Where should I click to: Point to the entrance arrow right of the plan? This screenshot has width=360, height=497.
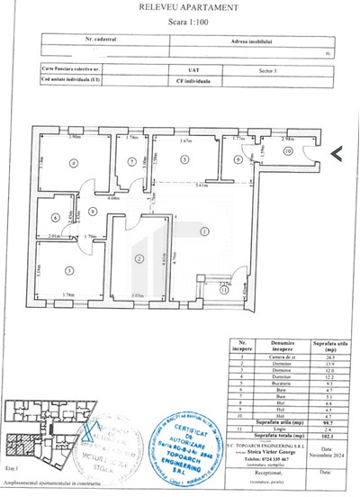click(x=336, y=153)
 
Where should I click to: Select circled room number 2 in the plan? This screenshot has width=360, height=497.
click(x=139, y=258)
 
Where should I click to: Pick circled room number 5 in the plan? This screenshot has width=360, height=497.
click(x=184, y=159)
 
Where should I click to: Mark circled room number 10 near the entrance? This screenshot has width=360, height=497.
click(x=290, y=152)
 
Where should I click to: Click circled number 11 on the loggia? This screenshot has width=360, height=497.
click(x=222, y=291)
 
